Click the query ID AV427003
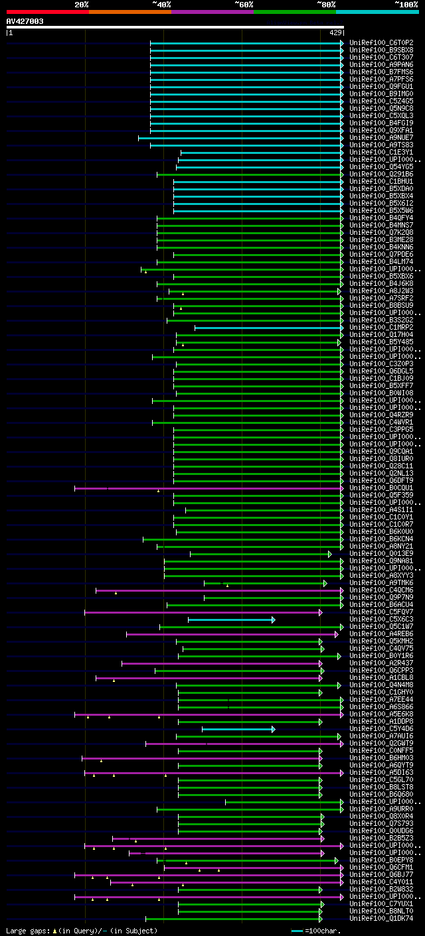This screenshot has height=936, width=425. coord(25,21)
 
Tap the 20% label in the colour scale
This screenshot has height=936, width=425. coord(81,4)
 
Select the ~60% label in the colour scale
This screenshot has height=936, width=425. coord(244,4)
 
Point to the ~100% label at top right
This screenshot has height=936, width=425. coord(406,4)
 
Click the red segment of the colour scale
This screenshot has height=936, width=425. coord(47,11)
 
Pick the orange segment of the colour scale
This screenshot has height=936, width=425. coord(129,11)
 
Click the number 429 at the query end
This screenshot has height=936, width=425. coord(335,32)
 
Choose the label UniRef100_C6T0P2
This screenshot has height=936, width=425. coord(381,42)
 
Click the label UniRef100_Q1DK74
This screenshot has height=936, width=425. coord(381,918)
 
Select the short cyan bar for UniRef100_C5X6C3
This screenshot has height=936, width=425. coord(231,620)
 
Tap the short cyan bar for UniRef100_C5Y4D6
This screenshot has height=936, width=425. coord(238,729)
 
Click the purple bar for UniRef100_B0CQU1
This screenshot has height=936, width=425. coord(209,488)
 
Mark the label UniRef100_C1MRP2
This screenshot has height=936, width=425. coord(381,327)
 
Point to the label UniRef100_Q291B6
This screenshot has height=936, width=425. coord(381,174)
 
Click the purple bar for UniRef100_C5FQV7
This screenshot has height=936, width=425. coord(203,612)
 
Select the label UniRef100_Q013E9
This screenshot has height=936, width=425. coord(381,553)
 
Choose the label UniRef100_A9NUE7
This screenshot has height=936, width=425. coord(381,137)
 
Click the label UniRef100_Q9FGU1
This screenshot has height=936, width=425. coord(381,86)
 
